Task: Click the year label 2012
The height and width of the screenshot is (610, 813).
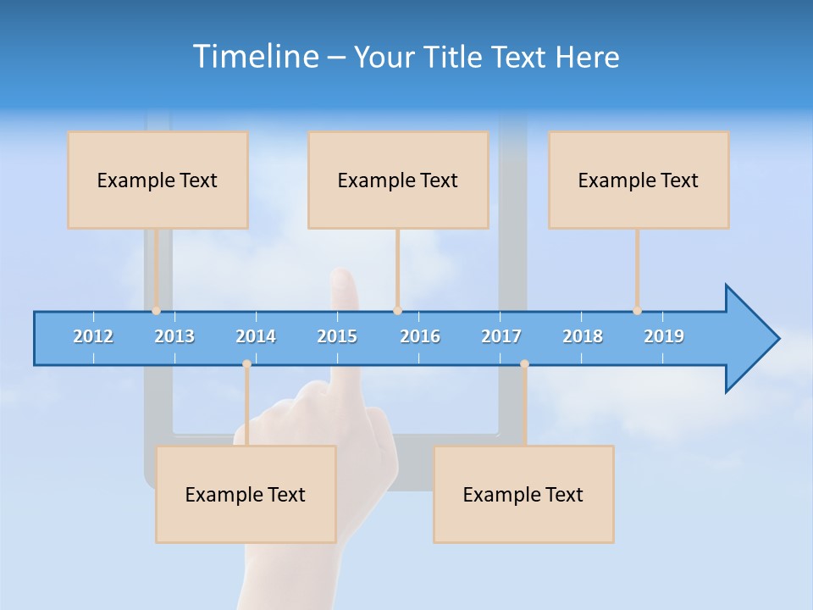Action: pos(93,336)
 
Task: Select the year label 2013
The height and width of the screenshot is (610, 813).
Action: pos(174,336)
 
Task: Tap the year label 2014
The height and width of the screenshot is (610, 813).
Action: pos(256,336)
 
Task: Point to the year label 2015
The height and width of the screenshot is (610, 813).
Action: pos(337,336)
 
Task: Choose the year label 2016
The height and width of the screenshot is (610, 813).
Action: pos(420,336)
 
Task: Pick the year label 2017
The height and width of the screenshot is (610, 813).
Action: pos(501,336)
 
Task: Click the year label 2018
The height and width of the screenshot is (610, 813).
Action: pos(583,336)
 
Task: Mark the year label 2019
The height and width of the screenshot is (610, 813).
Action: pos(664,336)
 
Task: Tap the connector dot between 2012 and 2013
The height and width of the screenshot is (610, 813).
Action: pos(157,311)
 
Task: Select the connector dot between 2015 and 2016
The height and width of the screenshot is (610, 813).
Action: pos(397,311)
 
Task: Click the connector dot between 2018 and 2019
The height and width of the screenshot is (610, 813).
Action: pos(638,311)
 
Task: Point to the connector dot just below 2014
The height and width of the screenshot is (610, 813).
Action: pos(246,364)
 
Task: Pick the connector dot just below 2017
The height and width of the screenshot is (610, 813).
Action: pos(524,364)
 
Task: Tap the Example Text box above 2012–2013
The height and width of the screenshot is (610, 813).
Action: pos(158,180)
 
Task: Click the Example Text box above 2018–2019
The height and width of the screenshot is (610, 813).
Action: pos(639,180)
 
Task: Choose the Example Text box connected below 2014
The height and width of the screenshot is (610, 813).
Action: pos(246,494)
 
